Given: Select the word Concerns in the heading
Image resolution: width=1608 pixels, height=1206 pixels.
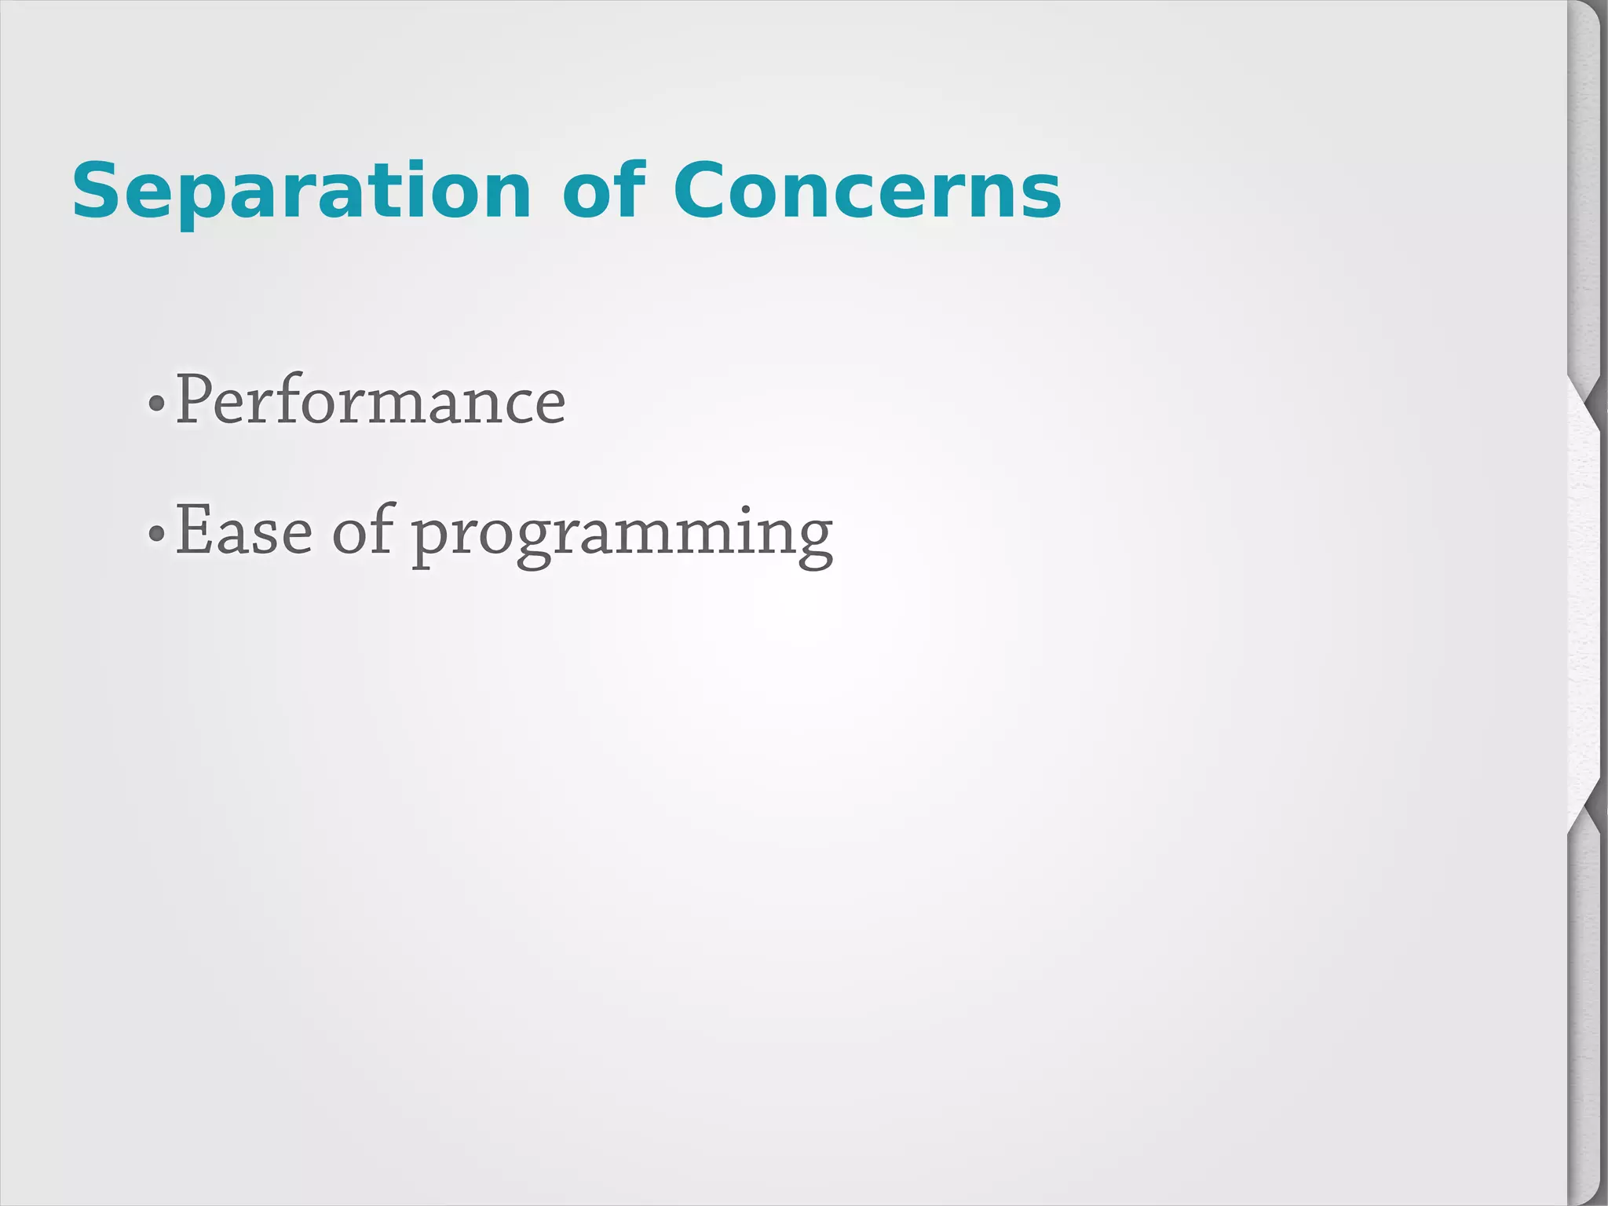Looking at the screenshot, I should (867, 191).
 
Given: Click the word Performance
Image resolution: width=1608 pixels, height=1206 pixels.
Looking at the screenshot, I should (370, 400).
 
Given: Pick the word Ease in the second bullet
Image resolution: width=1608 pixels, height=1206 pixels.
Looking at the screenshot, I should (243, 532).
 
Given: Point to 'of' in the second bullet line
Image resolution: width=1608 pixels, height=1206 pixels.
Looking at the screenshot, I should (362, 532).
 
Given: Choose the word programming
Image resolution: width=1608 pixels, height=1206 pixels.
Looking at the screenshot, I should (622, 534).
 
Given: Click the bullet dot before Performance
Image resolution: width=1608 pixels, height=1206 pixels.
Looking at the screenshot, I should (156, 404).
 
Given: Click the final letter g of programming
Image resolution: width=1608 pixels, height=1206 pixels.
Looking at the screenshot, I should (812, 538).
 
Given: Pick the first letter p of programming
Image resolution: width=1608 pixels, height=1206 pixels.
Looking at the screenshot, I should (431, 538).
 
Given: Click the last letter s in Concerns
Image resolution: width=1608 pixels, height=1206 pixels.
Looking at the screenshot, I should (1042, 196).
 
